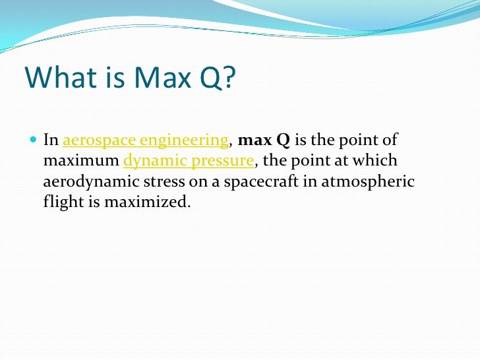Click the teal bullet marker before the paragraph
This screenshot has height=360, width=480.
point(34,140)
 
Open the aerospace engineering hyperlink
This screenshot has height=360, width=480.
point(145,140)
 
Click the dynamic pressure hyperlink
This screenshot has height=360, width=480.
point(188,161)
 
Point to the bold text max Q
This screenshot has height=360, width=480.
point(263,140)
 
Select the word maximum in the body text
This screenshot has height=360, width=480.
point(80,161)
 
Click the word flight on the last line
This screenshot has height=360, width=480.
point(60,202)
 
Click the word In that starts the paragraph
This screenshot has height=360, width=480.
point(51,140)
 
